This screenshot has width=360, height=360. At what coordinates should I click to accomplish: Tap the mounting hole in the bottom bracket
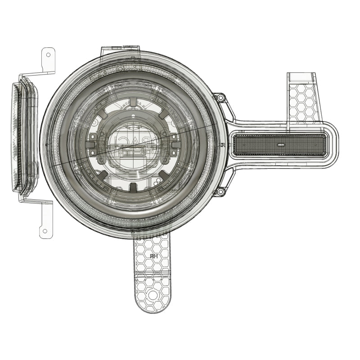point(153,295)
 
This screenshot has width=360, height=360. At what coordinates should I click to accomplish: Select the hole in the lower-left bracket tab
point(44,231)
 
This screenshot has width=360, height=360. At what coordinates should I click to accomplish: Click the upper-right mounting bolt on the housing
point(220,98)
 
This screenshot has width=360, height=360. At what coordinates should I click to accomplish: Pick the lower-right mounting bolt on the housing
point(220,192)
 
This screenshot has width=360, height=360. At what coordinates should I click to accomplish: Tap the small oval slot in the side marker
point(280,145)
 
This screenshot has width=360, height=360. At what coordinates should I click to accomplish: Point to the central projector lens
point(134,145)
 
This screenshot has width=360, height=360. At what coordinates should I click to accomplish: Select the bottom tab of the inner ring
point(134,186)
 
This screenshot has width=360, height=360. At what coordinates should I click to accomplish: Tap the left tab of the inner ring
point(91,145)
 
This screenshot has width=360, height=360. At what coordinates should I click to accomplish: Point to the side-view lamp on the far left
point(25,138)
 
